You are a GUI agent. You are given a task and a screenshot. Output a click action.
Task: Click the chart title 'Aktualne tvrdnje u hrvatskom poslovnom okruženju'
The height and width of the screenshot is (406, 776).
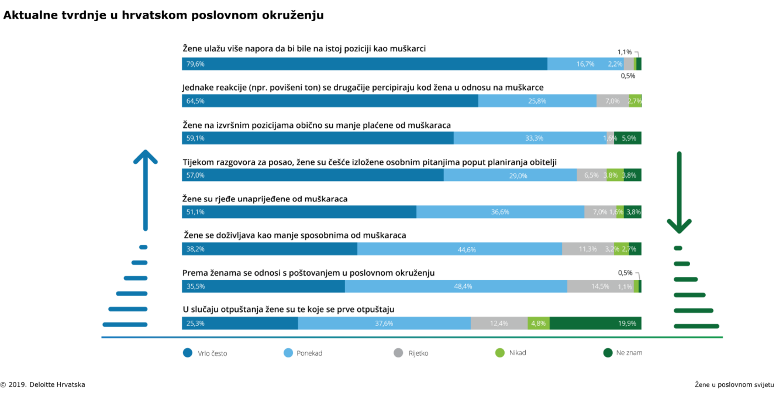click(164, 16)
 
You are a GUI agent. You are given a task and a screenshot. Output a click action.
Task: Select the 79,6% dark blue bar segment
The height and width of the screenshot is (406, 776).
click(364, 64)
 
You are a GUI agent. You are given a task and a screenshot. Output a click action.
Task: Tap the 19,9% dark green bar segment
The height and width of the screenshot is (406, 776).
click(595, 323)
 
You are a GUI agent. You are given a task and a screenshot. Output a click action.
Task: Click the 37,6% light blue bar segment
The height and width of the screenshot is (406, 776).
click(384, 323)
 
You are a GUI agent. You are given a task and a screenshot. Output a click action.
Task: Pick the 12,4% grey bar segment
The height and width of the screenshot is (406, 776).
click(499, 323)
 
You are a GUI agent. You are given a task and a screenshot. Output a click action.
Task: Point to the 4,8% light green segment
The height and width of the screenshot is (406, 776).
click(539, 323)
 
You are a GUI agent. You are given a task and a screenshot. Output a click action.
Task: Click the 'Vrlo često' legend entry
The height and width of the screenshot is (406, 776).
click(205, 353)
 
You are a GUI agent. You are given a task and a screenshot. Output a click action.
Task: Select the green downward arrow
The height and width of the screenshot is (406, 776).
click(679, 193)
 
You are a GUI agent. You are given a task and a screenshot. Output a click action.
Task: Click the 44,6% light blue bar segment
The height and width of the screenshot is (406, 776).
click(460, 249)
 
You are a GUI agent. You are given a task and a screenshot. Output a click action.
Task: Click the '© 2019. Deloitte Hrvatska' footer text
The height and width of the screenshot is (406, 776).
click(43, 384)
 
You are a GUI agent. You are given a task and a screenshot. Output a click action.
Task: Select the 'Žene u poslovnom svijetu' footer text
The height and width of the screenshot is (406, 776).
click(734, 384)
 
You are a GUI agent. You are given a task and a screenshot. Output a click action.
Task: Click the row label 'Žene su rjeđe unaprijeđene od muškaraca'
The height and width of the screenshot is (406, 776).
click(265, 199)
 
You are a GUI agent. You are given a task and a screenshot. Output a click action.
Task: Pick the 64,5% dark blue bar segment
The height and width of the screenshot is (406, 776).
click(330, 101)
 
